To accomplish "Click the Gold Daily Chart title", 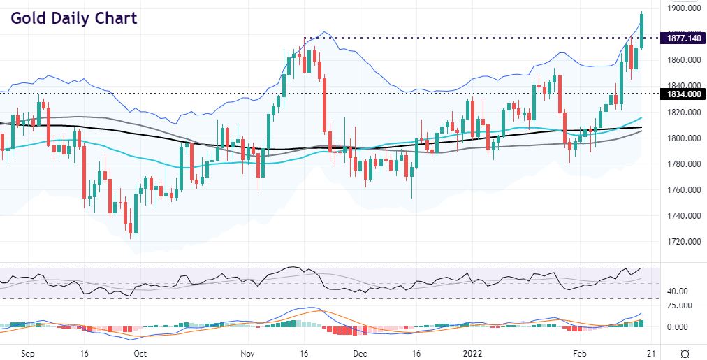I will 73,17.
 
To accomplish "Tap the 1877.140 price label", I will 683,38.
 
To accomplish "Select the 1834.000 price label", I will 683,94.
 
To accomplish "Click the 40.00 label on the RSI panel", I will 680,291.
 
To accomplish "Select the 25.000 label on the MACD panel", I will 683,305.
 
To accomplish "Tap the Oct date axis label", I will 140,354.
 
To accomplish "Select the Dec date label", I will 360,354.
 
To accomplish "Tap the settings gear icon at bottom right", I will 686,353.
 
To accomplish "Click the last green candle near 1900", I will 642,30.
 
